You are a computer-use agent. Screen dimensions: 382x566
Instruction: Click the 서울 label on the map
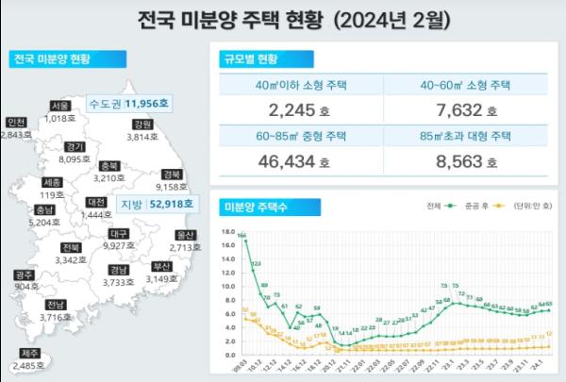[x=60, y=106]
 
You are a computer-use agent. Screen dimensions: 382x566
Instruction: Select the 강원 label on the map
[x=142, y=125]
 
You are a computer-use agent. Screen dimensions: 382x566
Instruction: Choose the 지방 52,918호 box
[x=157, y=203]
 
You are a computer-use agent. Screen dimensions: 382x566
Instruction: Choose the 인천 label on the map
[x=16, y=123]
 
